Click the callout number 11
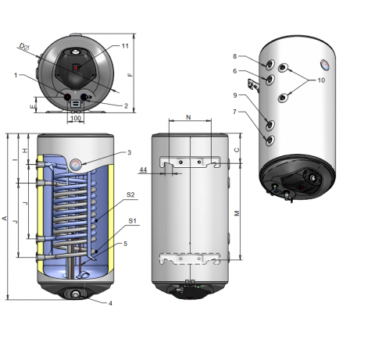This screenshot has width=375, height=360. [x=125, y=46]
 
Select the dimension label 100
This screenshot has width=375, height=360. [x=76, y=118]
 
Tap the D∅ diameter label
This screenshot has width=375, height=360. [x=24, y=47]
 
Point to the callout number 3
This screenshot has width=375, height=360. [x=129, y=152]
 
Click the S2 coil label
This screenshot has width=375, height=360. [x=130, y=194]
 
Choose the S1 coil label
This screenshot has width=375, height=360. [x=132, y=221]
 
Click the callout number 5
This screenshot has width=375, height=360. [x=125, y=244]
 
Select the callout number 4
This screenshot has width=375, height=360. [x=110, y=303]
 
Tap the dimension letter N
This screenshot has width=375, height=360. [x=188, y=117]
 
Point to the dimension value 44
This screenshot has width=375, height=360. [x=143, y=169]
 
